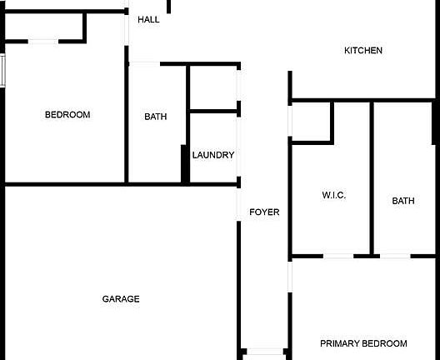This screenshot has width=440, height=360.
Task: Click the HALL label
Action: point(148,20)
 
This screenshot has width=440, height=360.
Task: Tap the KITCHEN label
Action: point(363,51)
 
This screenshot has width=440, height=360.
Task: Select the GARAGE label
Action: point(121,299)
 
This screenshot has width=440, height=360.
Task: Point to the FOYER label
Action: point(264,212)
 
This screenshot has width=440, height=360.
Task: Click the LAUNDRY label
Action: point(213,155)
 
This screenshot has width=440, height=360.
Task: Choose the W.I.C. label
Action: point(334,195)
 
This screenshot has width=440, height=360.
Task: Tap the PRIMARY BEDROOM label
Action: point(363,343)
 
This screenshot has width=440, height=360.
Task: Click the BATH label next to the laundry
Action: point(156,117)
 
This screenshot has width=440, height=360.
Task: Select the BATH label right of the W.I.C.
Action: point(403,201)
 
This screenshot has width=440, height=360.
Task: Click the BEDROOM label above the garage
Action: point(67,115)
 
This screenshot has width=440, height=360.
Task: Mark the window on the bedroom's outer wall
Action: point(2,71)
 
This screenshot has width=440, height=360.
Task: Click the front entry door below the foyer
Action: point(265,352)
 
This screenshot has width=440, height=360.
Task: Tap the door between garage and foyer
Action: point(238,204)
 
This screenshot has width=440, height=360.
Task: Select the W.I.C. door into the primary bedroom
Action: point(338,256)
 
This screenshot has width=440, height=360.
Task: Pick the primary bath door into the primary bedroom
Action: point(395,256)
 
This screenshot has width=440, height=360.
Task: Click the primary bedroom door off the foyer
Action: point(290,277)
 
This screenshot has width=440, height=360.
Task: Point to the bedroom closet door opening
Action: point(43,42)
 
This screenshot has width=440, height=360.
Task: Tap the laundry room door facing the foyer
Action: point(238,147)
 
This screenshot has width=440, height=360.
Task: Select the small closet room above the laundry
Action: point(213,87)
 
